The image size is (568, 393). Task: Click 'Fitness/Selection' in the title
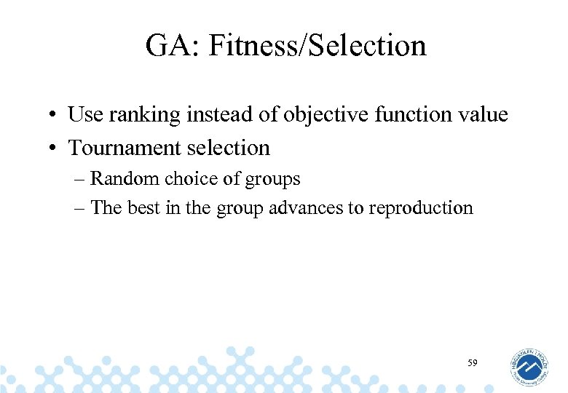coord(317,46)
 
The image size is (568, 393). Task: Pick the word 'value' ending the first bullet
coord(482,114)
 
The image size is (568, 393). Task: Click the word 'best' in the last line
coord(143,207)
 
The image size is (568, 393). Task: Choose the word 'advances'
coord(307,207)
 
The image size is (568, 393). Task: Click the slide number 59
coord(473,362)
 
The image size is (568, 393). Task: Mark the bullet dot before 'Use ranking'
coord(55,116)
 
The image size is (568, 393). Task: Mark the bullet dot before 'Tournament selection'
coord(55,149)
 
